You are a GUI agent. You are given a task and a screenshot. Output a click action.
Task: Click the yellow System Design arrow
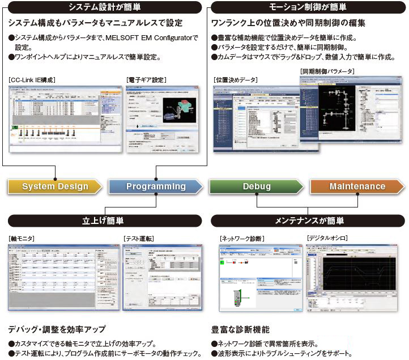55,187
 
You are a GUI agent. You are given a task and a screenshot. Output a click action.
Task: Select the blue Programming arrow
156,187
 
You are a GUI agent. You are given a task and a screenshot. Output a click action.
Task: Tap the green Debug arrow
256,187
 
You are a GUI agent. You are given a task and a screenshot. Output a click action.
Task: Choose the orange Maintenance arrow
357,187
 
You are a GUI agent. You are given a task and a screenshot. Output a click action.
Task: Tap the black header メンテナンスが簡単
309,220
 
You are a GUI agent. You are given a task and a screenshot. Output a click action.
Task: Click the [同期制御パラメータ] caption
328,71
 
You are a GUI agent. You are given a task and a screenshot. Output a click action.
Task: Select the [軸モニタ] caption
22,239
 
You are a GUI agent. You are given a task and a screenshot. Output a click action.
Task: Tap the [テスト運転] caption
139,239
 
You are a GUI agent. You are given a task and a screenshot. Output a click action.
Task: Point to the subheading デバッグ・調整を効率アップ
57,329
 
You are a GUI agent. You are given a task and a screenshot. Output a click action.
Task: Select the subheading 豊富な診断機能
241,329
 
